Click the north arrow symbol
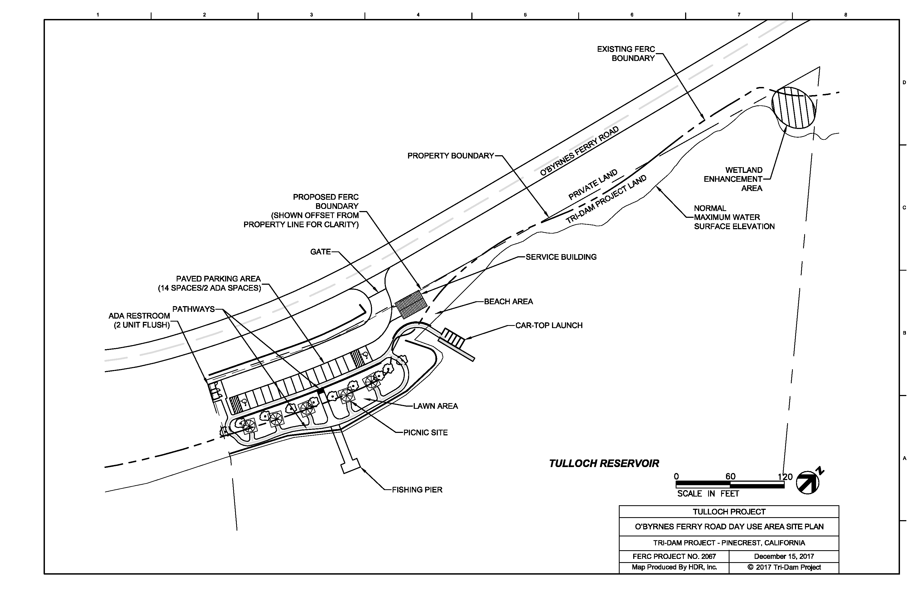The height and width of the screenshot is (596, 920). point(808,482)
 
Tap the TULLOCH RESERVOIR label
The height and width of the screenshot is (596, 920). point(604,463)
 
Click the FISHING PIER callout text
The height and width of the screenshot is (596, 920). point(417,490)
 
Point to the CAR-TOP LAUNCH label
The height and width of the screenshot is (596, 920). point(549,325)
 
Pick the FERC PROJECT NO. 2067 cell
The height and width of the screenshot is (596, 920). point(674,556)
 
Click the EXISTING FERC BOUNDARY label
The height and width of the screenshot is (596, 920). point(626,53)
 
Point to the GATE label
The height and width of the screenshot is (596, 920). point(320,252)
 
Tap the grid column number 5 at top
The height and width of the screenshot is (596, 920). point(525,15)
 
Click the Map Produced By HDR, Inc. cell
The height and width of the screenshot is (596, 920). point(674,567)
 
